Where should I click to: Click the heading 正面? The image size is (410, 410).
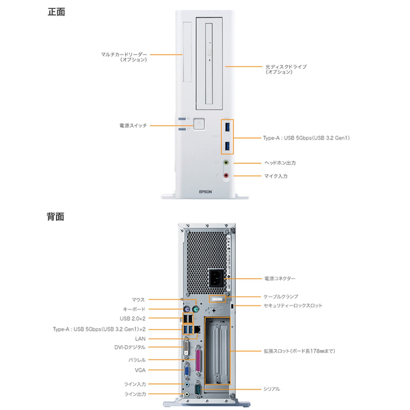[56, 12]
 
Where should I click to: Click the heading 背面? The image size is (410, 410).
[56, 217]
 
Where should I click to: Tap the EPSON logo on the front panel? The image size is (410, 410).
[206, 192]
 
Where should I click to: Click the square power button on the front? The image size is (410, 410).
[199, 124]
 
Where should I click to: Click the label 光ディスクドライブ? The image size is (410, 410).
[285, 66]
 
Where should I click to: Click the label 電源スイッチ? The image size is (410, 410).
[133, 125]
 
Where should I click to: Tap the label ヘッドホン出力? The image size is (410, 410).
[279, 163]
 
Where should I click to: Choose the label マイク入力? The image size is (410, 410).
[275, 176]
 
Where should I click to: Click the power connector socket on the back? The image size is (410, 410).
[217, 279]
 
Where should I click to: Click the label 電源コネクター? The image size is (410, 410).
[279, 279]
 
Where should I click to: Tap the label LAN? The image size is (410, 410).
[140, 338]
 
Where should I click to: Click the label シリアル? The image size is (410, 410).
[271, 389]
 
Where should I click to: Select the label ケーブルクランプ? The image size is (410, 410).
[281, 297]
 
